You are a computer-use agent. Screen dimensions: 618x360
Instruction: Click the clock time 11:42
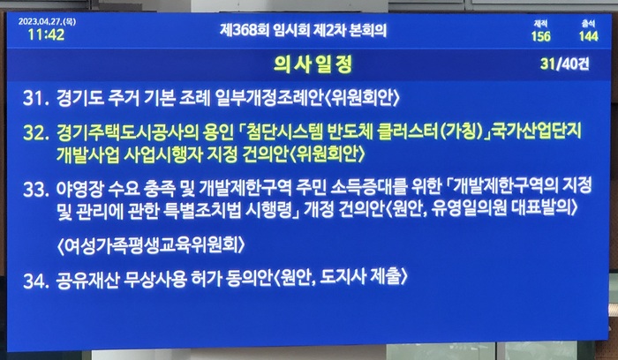(46, 34)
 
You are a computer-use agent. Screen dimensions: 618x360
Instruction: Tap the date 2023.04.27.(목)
(47, 22)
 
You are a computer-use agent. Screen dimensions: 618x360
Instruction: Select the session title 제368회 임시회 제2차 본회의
(303, 30)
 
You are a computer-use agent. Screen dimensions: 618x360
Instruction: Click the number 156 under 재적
(540, 36)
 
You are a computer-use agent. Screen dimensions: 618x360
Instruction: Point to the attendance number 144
(589, 36)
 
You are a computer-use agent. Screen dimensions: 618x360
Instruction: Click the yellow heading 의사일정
(313, 64)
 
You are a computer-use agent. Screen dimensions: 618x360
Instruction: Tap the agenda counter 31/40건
(565, 64)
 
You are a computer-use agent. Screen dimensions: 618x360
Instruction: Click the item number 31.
(36, 98)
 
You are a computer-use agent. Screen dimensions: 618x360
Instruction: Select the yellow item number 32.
(36, 132)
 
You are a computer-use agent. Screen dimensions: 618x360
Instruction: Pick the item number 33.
(36, 190)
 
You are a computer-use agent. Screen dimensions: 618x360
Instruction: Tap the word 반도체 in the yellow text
(350, 132)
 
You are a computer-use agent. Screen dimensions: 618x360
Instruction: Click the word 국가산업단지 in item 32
(538, 131)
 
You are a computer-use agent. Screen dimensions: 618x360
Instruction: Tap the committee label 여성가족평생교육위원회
(151, 245)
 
